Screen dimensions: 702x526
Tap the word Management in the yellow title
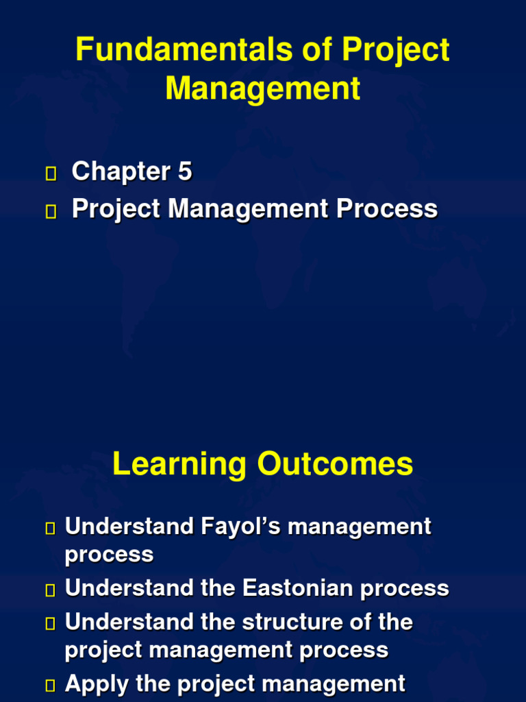tap(263, 89)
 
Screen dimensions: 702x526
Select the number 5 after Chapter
tap(185, 171)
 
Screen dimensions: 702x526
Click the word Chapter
tap(121, 171)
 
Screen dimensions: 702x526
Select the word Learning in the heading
tap(179, 464)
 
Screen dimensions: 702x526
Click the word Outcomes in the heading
tap(335, 464)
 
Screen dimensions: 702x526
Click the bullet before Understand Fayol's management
tap(49, 528)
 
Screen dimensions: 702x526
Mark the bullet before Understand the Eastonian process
tap(49, 590)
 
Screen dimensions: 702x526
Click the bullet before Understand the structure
tap(49, 624)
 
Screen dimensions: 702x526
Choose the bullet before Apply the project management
tap(49, 685)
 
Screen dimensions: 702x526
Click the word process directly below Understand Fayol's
tap(109, 555)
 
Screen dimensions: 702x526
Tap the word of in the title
tap(323, 50)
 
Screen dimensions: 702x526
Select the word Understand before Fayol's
tap(129, 526)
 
